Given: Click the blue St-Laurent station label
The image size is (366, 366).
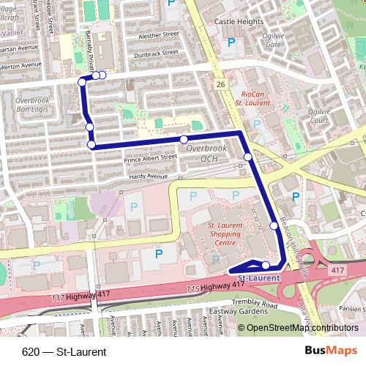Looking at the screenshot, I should click(x=259, y=278).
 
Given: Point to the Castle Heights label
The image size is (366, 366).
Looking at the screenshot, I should click(x=238, y=23).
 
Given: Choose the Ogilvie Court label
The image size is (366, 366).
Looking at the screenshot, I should click(x=321, y=117).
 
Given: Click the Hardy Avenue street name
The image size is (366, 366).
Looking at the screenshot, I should click(x=148, y=176).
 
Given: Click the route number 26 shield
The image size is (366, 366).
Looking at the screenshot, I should click(x=220, y=85).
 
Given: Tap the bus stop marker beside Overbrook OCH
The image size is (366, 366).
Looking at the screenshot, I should click(x=184, y=139).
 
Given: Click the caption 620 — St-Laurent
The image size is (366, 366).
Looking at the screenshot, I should click(x=64, y=352).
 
